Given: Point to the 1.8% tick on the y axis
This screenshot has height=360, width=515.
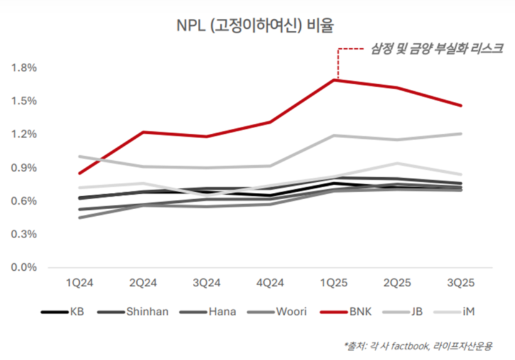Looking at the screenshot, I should pyautogui.click(x=24, y=68).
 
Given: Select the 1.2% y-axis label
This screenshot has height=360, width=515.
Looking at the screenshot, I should pyautogui.click(x=24, y=134).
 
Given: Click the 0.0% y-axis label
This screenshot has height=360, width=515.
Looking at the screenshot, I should pyautogui.click(x=24, y=268).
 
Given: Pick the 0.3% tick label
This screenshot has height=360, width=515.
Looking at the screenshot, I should pyautogui.click(x=24, y=234).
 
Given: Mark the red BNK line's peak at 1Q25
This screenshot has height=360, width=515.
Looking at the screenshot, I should pyautogui.click(x=334, y=80).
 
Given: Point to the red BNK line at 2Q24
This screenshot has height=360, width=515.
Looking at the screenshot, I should pyautogui.click(x=143, y=132).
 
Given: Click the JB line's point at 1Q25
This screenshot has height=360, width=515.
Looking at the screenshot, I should pyautogui.click(x=334, y=135).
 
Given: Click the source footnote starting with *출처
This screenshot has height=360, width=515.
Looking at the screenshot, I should pyautogui.click(x=418, y=345).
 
